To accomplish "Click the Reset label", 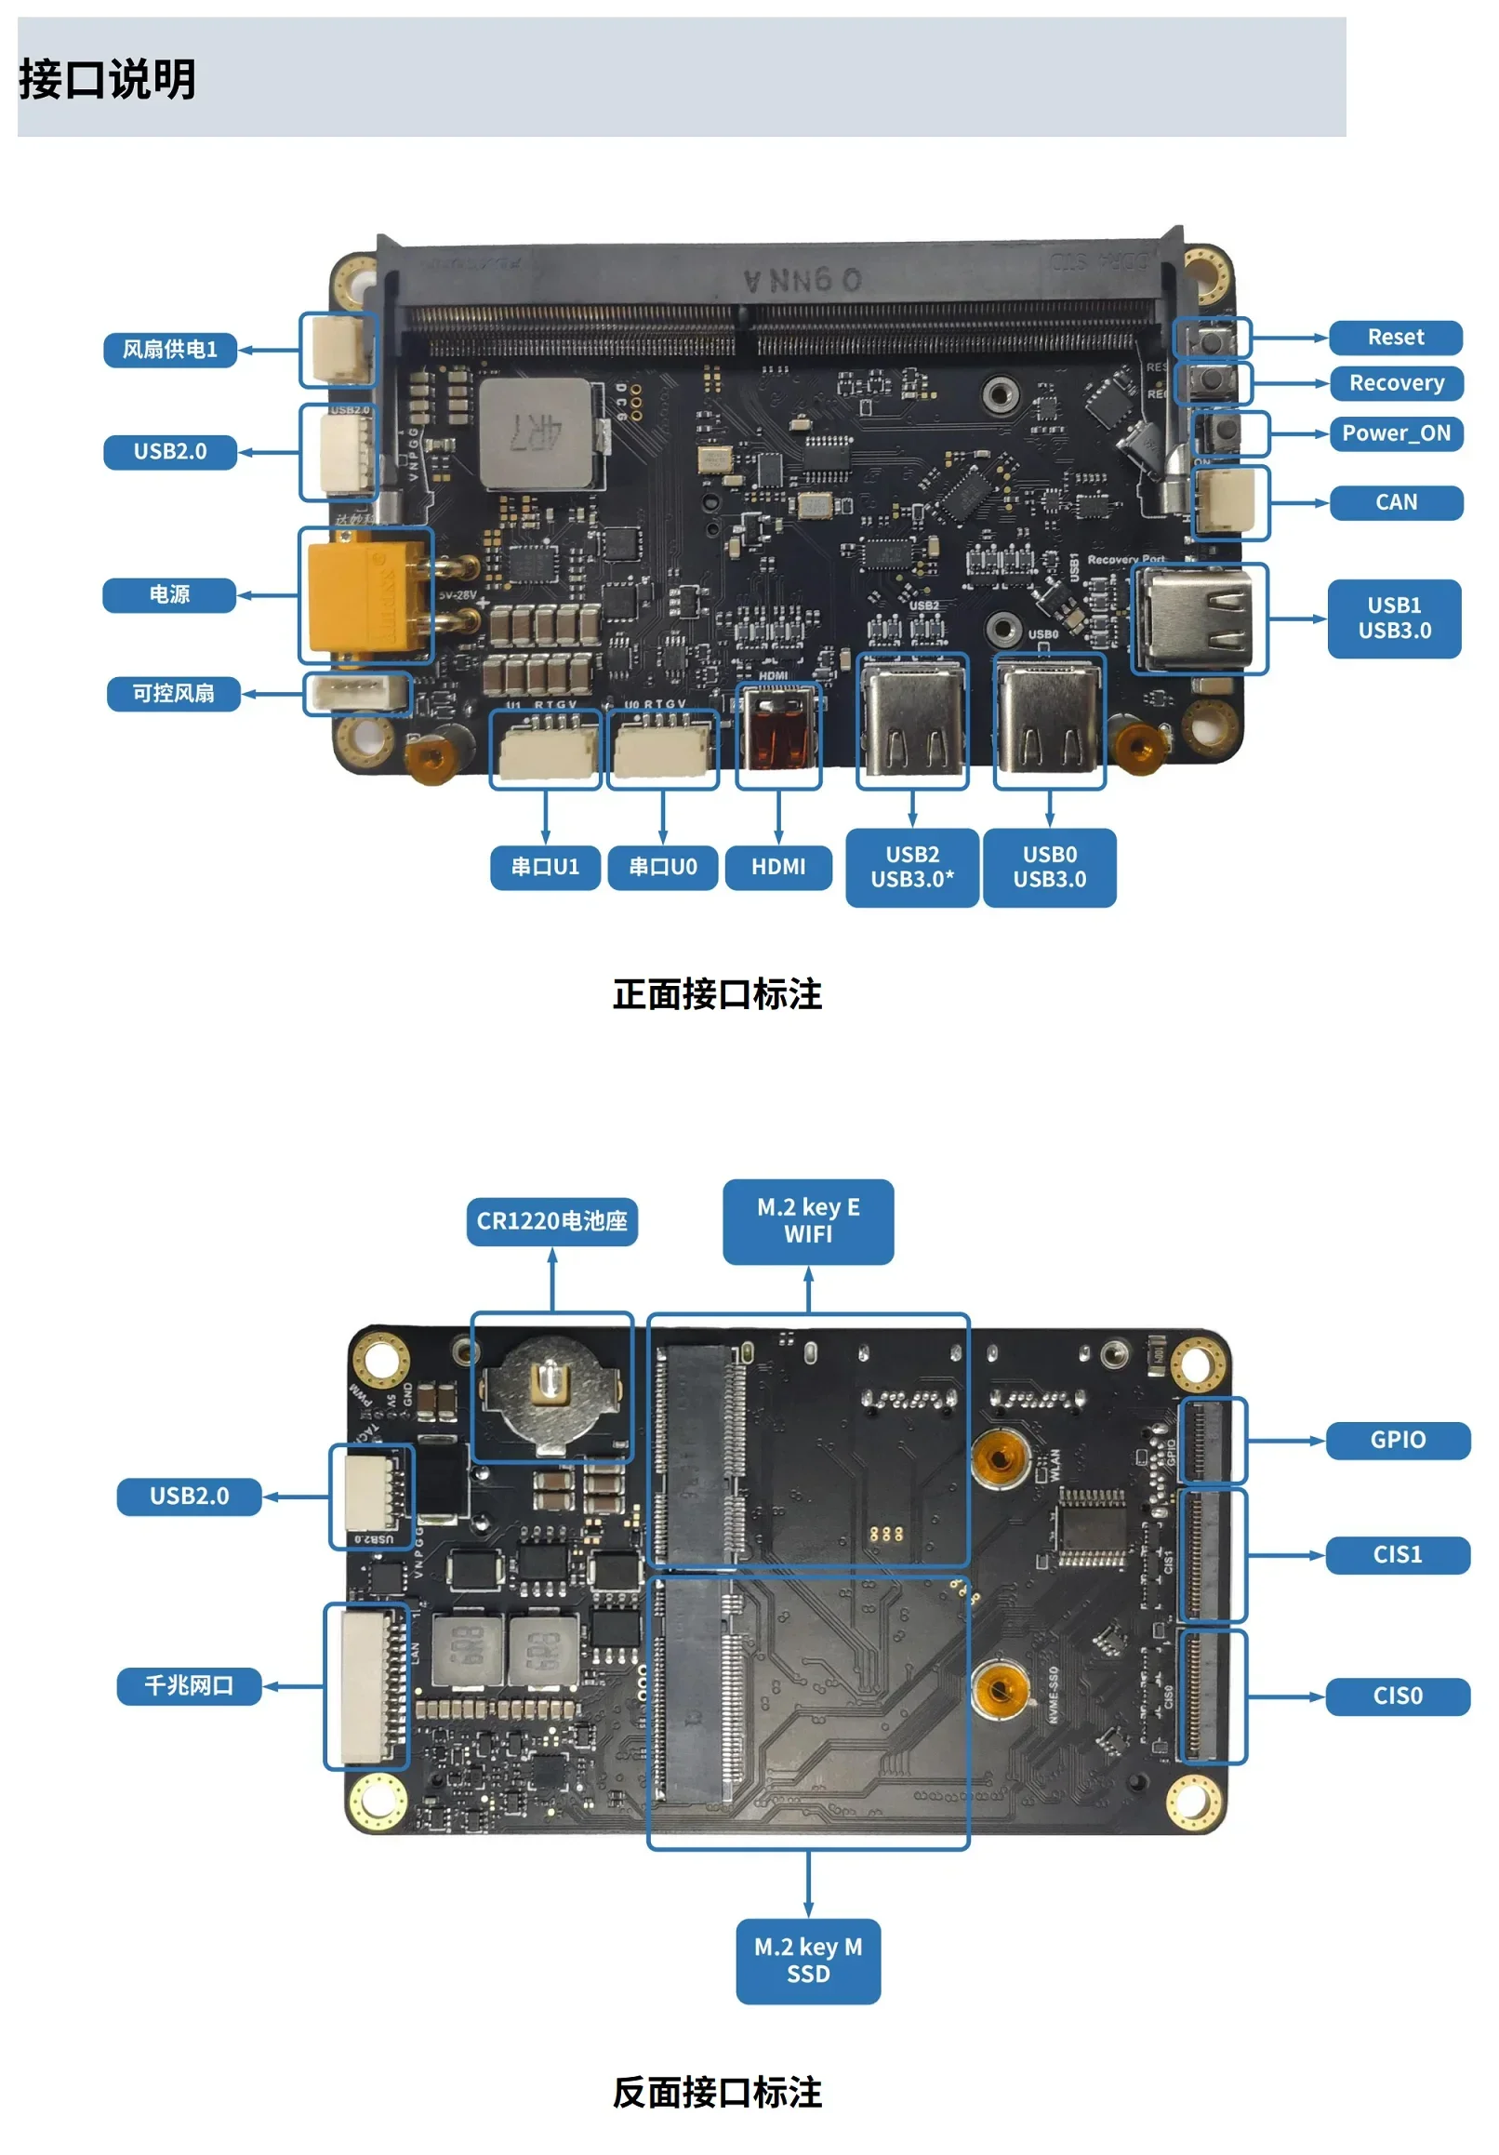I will click(x=1395, y=337).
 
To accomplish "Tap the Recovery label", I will click(x=1395, y=383).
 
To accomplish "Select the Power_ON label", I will click(x=1395, y=432).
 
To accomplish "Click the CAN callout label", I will click(x=1395, y=502).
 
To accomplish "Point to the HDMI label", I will click(x=778, y=866).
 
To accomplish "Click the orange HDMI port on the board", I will click(x=778, y=733).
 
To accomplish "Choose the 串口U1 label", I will click(x=544, y=866).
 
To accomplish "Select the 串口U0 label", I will click(x=663, y=866).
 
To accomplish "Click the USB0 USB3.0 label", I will click(x=1050, y=867).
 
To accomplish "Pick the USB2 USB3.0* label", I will click(x=911, y=867).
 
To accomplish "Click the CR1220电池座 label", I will click(x=552, y=1221).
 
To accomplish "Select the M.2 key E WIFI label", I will click(x=808, y=1221).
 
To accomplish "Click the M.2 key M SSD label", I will click(x=808, y=1961).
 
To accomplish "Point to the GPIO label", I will click(x=1397, y=1440).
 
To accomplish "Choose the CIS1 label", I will click(x=1397, y=1554).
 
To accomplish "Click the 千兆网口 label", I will click(x=189, y=1685).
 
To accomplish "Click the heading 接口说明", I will click(x=108, y=79).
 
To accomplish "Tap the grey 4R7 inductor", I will click(x=536, y=433).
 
